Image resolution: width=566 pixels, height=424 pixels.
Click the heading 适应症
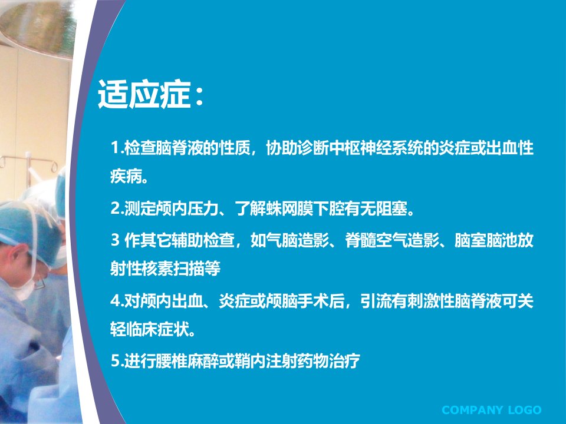click(144, 94)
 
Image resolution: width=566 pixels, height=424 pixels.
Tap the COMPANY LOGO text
click(491, 410)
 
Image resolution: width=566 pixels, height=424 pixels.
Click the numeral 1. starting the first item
click(117, 147)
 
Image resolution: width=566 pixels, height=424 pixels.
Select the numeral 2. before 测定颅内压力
click(117, 208)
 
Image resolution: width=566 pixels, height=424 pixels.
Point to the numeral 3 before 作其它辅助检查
click(115, 240)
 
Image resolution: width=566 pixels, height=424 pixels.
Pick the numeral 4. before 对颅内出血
click(117, 300)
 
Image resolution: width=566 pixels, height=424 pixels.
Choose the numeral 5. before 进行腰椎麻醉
click(117, 360)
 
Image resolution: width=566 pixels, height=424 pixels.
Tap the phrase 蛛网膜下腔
click(306, 208)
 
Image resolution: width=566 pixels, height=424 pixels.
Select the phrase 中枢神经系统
click(376, 147)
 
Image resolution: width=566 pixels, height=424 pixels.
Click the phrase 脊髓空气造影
click(392, 240)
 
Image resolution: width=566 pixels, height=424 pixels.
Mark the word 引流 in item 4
click(376, 300)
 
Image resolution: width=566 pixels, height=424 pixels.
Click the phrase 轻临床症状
click(150, 329)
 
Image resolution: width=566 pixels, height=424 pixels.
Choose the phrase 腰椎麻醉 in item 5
click(188, 360)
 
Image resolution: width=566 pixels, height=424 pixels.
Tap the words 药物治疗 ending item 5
click(329, 360)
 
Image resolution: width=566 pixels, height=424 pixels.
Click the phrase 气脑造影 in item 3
click(298, 240)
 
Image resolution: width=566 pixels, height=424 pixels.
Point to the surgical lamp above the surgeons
click(36, 27)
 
